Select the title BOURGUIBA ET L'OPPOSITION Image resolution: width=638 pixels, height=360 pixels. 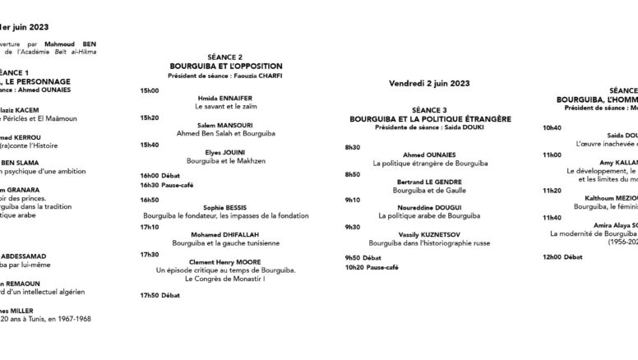pos(226,66)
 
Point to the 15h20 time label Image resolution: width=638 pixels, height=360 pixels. pos(149,117)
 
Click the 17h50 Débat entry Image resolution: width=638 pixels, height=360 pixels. pos(159,294)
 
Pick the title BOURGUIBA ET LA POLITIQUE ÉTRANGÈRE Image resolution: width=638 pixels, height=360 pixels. pos(430,118)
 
